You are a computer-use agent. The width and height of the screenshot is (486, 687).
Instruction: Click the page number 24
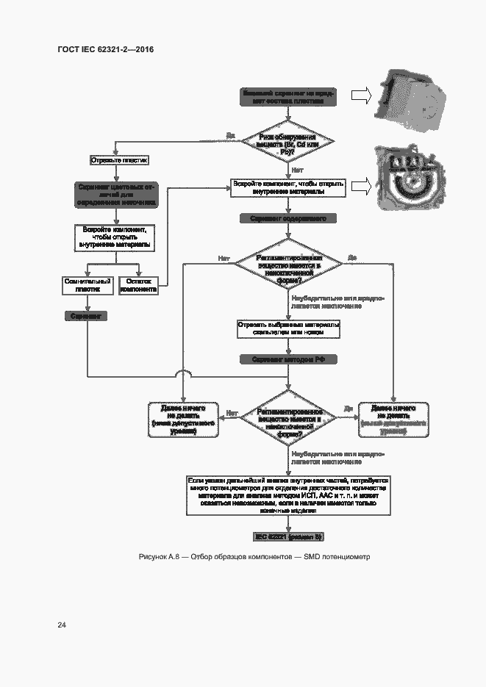click(x=62, y=625)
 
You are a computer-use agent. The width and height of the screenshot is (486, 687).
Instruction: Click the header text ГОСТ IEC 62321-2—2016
click(x=105, y=49)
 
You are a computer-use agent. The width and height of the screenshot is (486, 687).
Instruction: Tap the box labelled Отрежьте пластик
click(x=118, y=159)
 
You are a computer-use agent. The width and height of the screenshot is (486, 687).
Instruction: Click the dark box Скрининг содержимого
click(x=288, y=219)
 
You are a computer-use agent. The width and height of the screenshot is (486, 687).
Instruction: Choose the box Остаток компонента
click(x=138, y=285)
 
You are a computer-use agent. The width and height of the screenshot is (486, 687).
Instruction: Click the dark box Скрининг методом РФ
click(x=288, y=360)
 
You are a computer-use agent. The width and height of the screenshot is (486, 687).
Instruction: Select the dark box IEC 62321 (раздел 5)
click(x=288, y=536)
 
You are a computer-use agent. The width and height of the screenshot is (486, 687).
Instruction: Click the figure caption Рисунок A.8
click(x=254, y=557)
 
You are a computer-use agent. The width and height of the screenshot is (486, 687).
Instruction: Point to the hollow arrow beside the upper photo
click(x=360, y=96)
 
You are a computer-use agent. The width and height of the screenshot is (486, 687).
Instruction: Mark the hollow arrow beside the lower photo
click(x=360, y=187)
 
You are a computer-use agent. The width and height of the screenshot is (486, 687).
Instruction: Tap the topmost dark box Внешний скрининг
click(x=288, y=97)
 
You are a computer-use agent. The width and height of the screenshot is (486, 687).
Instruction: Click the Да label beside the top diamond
click(x=230, y=135)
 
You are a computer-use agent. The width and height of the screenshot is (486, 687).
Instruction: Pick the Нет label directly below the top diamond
click(x=298, y=170)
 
